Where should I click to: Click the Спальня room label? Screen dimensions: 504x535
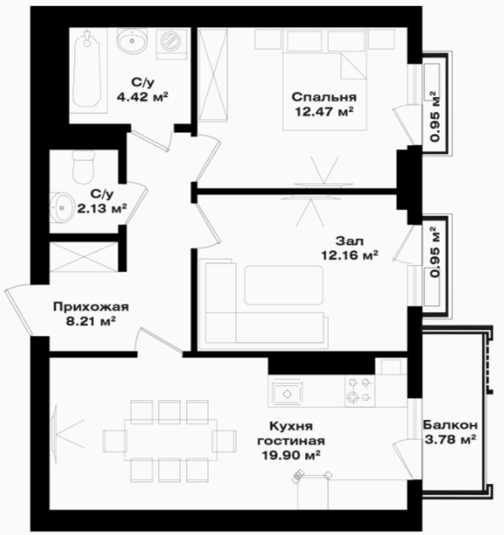click(x=324, y=98)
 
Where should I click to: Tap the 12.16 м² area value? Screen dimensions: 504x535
click(x=350, y=255)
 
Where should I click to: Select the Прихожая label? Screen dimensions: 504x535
click(x=91, y=307)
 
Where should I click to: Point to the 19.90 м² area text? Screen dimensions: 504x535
click(x=291, y=455)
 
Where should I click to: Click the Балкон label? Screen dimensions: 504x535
click(x=451, y=426)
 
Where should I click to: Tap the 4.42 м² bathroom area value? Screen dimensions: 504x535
click(x=142, y=97)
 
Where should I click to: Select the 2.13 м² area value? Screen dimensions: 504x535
click(x=102, y=208)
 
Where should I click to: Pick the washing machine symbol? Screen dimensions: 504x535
click(x=171, y=44)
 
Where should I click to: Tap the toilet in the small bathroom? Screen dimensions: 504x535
click(x=83, y=166)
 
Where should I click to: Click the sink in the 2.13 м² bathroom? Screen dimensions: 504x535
click(x=62, y=207)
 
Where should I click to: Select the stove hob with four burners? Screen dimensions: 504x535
click(x=359, y=391)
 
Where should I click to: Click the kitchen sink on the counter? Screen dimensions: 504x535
click(x=287, y=393)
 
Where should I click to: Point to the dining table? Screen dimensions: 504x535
click(x=171, y=440)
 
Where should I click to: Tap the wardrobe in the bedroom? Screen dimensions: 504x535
click(x=213, y=75)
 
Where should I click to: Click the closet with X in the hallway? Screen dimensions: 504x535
click(x=84, y=257)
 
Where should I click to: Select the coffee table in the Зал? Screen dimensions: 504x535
click(x=284, y=285)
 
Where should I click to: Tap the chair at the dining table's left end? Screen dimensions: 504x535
click(x=113, y=440)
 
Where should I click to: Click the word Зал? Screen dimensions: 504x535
click(x=349, y=241)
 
